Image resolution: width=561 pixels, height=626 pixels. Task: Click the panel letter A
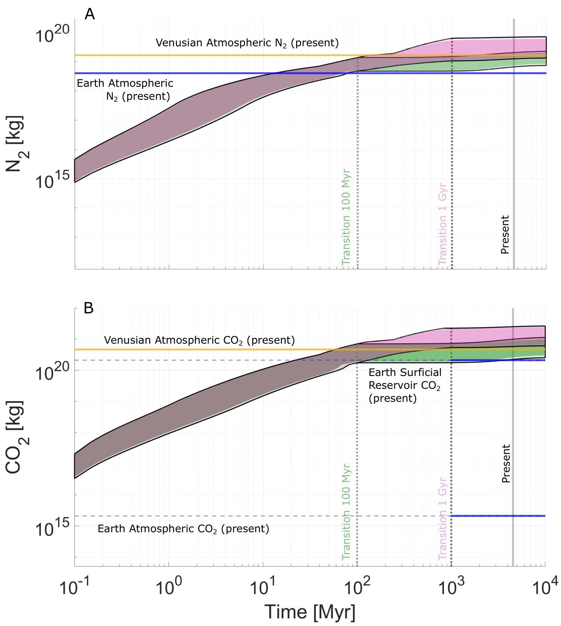click(x=90, y=14)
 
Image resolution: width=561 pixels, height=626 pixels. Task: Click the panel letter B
click(x=89, y=308)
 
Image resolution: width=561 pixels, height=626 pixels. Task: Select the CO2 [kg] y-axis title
click(x=15, y=437)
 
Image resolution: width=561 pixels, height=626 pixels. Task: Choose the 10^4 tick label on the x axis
click(x=545, y=588)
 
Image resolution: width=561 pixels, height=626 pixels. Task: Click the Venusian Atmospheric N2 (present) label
click(x=247, y=43)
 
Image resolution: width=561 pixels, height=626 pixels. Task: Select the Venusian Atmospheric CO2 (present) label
click(x=199, y=340)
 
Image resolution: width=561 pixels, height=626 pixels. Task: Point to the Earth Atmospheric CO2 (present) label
click(x=183, y=529)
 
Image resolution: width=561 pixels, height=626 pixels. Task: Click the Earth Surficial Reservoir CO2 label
click(x=405, y=385)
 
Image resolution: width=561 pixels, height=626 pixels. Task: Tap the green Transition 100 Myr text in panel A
click(x=346, y=217)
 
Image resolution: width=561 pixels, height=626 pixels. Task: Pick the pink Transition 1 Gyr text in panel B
click(x=442, y=519)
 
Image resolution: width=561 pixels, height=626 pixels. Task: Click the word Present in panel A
click(x=505, y=234)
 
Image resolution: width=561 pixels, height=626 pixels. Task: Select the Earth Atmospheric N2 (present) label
click(x=125, y=90)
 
